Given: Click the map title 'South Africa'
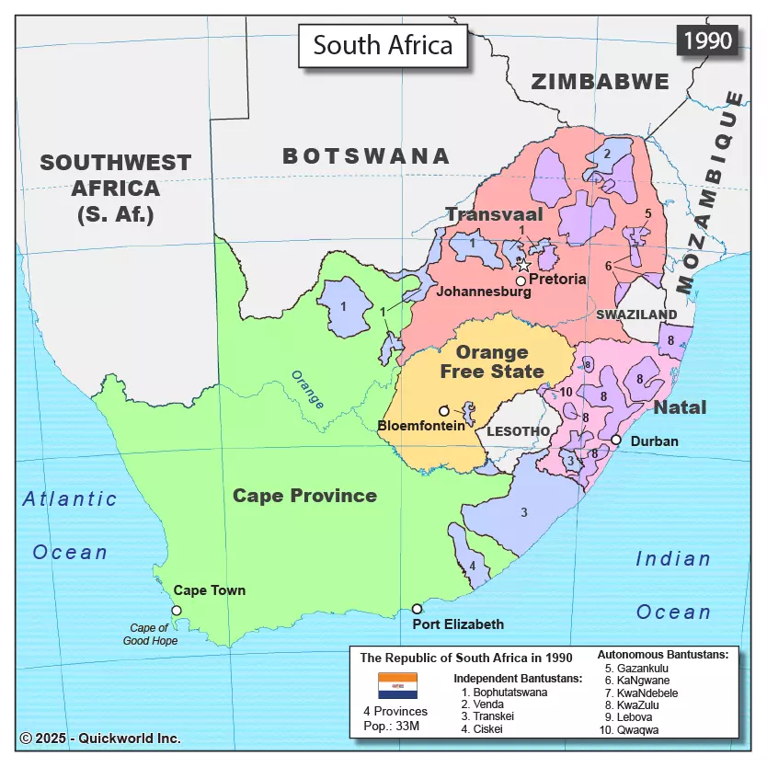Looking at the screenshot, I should pos(383,45).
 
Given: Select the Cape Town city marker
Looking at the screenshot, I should pos(177,610).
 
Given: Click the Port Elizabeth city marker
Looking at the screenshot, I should pos(417,608).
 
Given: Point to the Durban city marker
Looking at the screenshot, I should pos(616,441).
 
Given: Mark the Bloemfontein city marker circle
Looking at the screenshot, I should pos(444,410).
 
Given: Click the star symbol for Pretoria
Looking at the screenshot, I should pos(523,265).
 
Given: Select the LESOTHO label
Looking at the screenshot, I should pos(518,430).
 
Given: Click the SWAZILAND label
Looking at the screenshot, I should pos(635,315).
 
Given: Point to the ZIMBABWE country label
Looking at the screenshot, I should pos(601,82).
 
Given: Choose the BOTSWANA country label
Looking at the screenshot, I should pos(366,156).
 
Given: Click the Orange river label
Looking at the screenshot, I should pos(307,389).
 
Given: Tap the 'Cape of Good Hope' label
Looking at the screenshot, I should pos(150,635).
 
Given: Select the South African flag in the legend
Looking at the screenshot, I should pos(397,686).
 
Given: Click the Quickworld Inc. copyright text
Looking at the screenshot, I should pos(100,738).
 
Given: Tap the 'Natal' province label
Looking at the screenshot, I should pos(680,406).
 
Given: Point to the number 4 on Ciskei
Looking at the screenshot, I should pos(472,566).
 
